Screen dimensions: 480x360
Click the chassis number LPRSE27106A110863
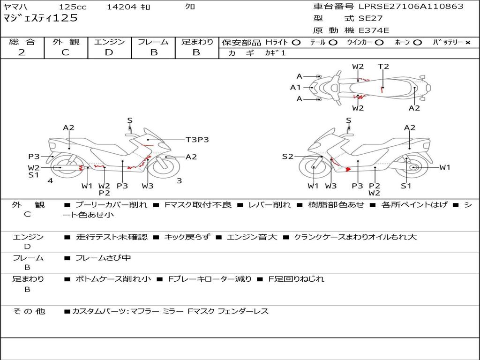(x=411, y=7)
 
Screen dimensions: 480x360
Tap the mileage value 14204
(x=121, y=7)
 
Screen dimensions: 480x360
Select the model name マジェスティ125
(x=40, y=18)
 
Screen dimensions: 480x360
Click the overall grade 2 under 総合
(x=22, y=52)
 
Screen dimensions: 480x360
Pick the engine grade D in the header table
(x=109, y=52)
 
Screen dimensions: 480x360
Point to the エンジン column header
(x=109, y=42)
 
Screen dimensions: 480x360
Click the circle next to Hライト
(x=296, y=43)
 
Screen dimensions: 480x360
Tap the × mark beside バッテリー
(x=467, y=43)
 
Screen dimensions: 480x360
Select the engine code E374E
(x=374, y=30)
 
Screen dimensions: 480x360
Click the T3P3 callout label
(x=197, y=140)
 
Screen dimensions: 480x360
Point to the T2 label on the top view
(x=383, y=67)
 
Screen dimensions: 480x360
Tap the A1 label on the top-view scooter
(x=295, y=88)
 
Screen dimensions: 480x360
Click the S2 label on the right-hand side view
(x=287, y=157)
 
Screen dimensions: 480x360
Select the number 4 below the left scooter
(x=50, y=181)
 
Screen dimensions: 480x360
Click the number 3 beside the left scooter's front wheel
(x=179, y=181)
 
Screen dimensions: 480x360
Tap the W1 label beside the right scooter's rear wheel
(x=444, y=167)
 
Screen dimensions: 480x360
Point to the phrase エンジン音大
(x=252, y=237)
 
